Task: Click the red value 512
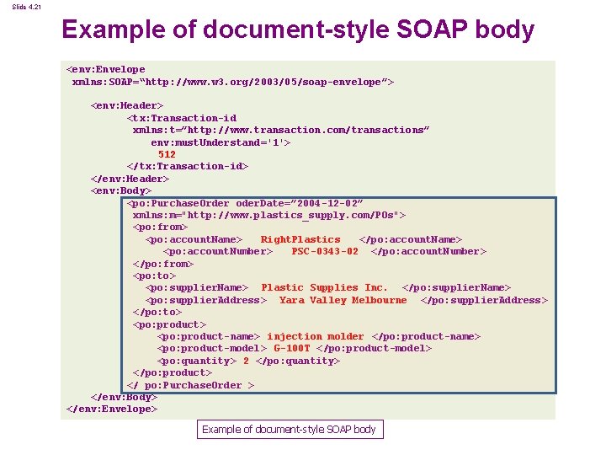tap(167, 154)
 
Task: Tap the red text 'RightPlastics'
tap(300, 239)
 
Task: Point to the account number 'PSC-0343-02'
tap(325, 251)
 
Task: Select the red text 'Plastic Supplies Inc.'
tap(325, 288)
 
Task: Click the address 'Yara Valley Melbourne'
tap(343, 300)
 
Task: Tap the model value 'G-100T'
tap(292, 348)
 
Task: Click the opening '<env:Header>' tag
tap(126, 105)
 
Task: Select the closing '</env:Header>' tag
tap(130, 179)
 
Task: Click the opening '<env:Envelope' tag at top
tap(105, 69)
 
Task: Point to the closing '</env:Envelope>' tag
tap(111, 409)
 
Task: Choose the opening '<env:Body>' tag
tap(120, 190)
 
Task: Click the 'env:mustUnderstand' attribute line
tap(221, 142)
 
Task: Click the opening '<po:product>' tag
tap(169, 324)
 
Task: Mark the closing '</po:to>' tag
tap(157, 312)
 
